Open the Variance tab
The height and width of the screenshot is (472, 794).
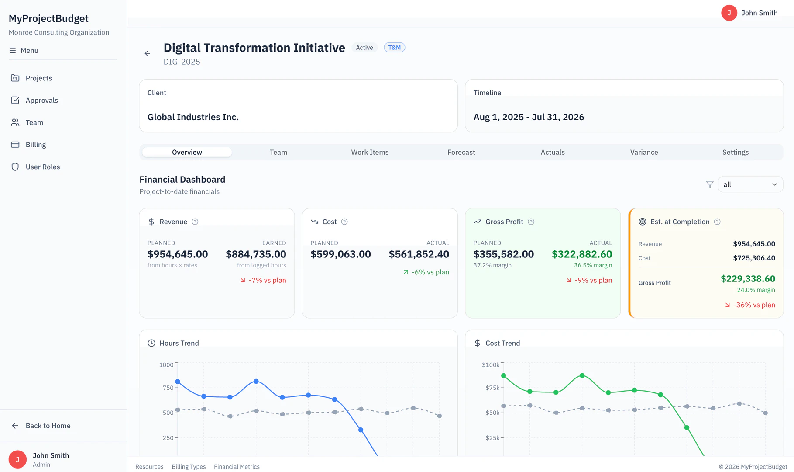644,152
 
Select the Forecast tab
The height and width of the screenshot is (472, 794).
461,152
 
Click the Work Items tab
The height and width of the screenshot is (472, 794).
370,152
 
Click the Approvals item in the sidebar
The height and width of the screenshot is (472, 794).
41,101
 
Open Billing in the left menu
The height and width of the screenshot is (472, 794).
35,145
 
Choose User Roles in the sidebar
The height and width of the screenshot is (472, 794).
42,167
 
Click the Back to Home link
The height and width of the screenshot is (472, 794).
48,426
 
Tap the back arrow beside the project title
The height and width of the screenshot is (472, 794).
148,53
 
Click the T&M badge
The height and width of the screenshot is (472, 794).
394,48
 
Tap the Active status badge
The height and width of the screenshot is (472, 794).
364,48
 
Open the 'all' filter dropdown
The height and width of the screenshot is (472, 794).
750,184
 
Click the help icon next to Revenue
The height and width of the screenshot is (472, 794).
195,222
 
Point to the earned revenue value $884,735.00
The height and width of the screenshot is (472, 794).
256,254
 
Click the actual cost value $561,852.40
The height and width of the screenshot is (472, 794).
419,254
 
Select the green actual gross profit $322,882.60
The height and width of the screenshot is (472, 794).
581,254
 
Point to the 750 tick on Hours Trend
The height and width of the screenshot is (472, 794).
168,388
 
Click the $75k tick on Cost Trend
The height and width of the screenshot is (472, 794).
492,388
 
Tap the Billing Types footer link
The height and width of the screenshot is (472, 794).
189,467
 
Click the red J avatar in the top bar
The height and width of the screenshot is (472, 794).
729,13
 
